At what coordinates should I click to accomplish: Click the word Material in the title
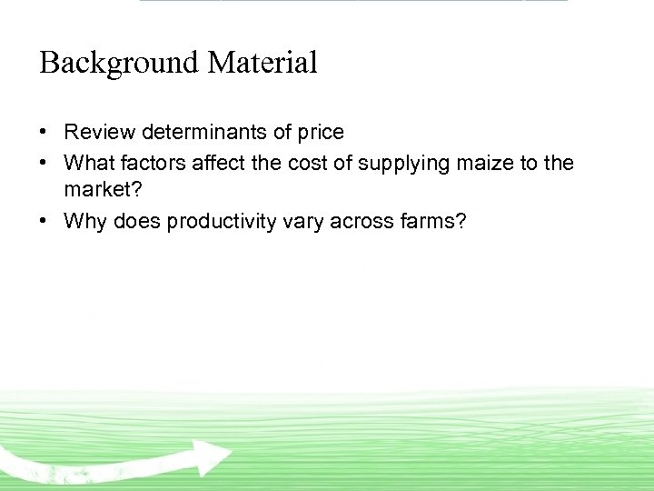click(263, 64)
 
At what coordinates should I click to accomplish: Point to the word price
click(321, 133)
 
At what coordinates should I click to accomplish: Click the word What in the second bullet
click(85, 164)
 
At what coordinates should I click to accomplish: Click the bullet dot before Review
click(44, 133)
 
